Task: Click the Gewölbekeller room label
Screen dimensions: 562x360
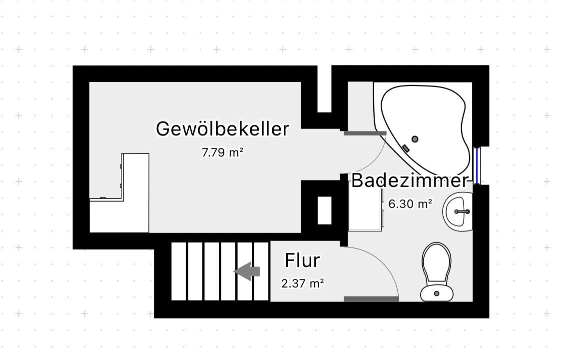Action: click(x=223, y=129)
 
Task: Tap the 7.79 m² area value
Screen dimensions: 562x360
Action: click(x=223, y=152)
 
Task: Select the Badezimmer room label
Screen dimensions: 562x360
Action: click(x=410, y=180)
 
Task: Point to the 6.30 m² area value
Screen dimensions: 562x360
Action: click(x=410, y=204)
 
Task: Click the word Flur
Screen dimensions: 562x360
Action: click(x=302, y=260)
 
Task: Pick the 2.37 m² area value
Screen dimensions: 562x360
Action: click(x=303, y=283)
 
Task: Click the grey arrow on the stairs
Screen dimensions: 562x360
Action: click(x=247, y=271)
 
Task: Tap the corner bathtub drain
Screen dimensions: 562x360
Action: click(x=415, y=139)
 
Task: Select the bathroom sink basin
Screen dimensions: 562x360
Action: click(x=458, y=211)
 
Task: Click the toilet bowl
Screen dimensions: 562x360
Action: click(x=436, y=262)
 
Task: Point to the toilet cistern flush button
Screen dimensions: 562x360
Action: click(x=437, y=293)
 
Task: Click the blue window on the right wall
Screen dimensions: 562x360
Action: click(x=477, y=165)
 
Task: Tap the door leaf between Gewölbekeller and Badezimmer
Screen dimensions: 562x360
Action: click(x=365, y=133)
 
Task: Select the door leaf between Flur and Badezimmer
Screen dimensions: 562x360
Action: click(x=371, y=299)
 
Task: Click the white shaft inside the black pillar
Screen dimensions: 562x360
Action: click(x=324, y=211)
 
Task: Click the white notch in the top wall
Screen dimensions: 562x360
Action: click(x=324, y=89)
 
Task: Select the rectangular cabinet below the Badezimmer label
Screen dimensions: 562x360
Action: click(x=365, y=206)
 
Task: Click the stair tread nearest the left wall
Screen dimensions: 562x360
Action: click(x=179, y=271)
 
